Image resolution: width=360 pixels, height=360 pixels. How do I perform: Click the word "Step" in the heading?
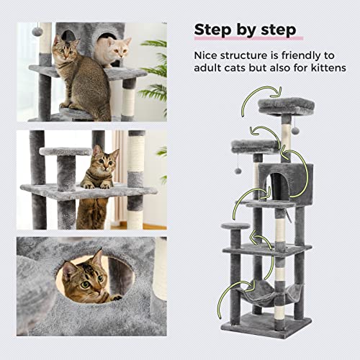click(x=212, y=30)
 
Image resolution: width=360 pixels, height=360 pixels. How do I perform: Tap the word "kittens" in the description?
click(x=323, y=68)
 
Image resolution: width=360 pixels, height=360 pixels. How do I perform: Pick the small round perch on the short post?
click(x=235, y=227)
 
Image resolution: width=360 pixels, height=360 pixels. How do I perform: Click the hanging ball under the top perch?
click(x=294, y=130)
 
